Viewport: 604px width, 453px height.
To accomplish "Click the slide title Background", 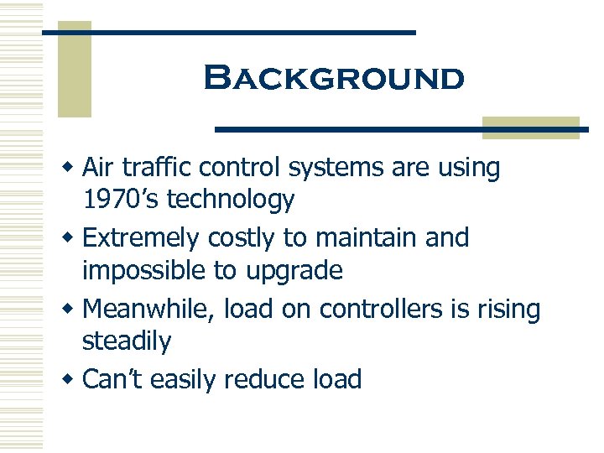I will tap(333, 79).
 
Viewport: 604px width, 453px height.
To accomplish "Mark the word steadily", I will tap(126, 341).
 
